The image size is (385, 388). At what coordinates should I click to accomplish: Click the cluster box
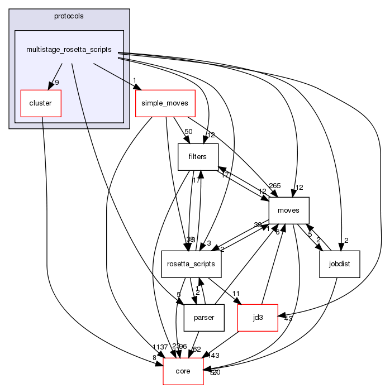(40, 103)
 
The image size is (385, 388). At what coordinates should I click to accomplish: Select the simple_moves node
(165, 103)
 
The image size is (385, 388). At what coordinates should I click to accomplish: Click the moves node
(289, 210)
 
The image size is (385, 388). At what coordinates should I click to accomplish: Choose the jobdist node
(339, 264)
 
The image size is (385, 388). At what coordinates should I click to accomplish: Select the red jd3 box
(258, 318)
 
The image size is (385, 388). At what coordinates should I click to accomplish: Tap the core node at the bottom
(183, 371)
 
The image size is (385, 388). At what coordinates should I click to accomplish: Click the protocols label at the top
(69, 16)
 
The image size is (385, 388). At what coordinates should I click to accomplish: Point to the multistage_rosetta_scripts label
(69, 50)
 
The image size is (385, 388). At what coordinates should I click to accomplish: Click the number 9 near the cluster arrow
(56, 83)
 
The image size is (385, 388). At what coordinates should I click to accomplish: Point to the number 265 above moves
(275, 186)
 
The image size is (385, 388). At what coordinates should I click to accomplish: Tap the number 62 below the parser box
(196, 349)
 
